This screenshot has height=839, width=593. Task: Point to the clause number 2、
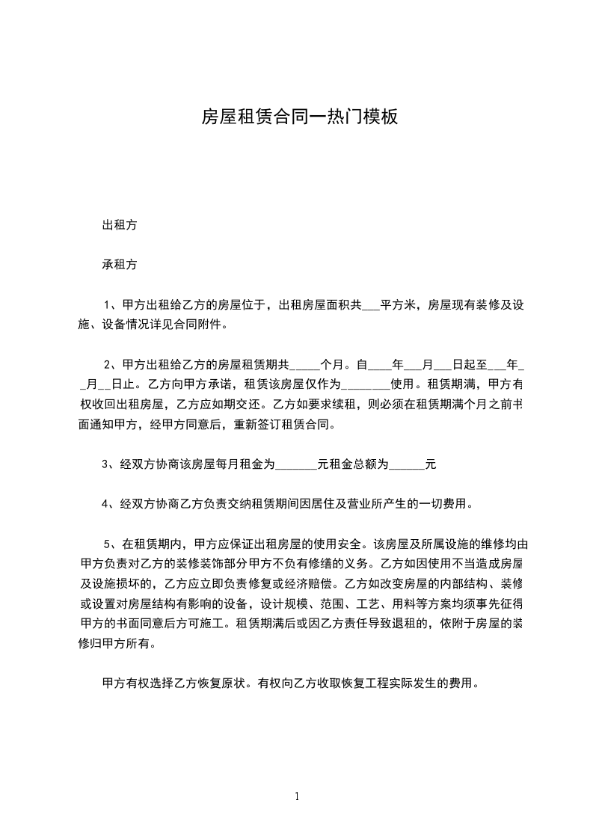(x=111, y=365)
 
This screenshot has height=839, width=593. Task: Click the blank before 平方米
(x=371, y=305)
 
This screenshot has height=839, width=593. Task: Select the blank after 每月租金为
(x=297, y=465)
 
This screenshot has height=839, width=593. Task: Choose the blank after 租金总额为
(x=407, y=465)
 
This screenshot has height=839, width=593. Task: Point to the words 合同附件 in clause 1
(x=199, y=325)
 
